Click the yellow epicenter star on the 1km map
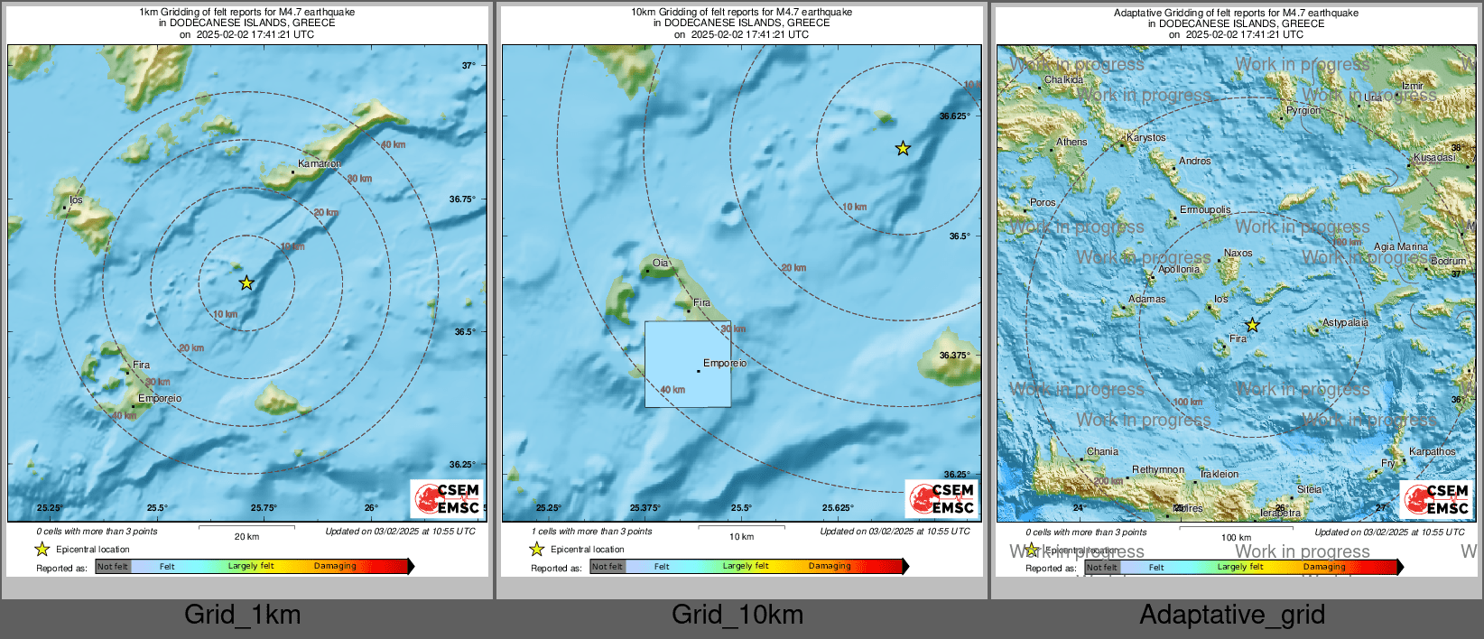(x=246, y=283)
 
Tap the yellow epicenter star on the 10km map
(x=903, y=148)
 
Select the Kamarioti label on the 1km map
(x=320, y=164)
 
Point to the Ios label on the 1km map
(x=76, y=200)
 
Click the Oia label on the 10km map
(x=661, y=264)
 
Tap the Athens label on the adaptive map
(x=1071, y=142)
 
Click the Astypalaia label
(x=1345, y=322)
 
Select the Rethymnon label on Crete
(x=1158, y=469)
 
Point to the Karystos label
(x=1146, y=138)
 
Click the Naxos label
(x=1238, y=254)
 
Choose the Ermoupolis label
(x=1205, y=209)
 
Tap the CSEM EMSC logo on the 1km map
(x=448, y=498)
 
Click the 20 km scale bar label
(x=246, y=536)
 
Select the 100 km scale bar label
(x=1236, y=537)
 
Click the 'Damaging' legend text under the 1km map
(x=335, y=566)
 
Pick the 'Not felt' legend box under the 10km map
(x=608, y=567)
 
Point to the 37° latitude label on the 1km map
(x=468, y=65)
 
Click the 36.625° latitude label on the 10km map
(x=955, y=116)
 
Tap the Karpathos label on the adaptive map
(x=1432, y=451)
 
